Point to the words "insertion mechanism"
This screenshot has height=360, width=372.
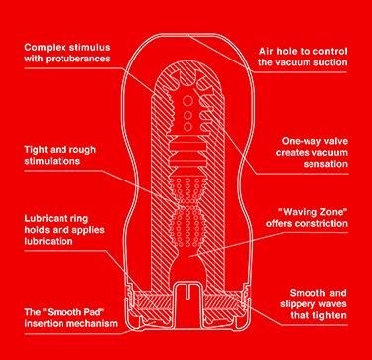coord(74,326)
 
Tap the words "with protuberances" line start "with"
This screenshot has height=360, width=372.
coord(34,60)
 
